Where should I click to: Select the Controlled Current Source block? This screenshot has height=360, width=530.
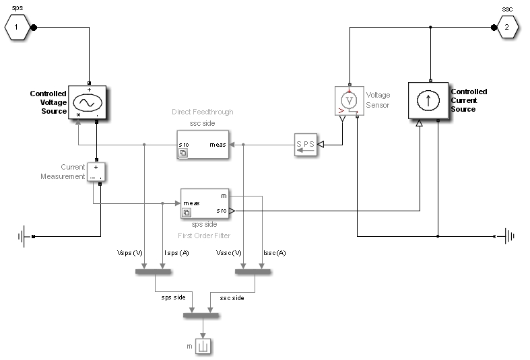point(428,100)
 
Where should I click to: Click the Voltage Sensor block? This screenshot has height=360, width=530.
point(349,101)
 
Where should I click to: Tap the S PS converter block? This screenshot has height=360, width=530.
point(305,145)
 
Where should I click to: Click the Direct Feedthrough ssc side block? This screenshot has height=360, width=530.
point(203,145)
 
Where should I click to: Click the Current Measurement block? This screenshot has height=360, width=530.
point(96,172)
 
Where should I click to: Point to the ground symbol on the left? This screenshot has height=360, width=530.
point(26,237)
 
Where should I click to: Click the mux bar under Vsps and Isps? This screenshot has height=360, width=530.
point(154,272)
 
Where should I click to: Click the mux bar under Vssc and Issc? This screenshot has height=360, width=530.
point(253,272)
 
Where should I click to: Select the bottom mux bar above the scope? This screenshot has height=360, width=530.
point(201,315)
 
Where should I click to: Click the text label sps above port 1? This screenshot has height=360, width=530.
point(17,9)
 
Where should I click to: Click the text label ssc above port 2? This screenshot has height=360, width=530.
point(508,9)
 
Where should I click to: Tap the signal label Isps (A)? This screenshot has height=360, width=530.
point(176,254)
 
